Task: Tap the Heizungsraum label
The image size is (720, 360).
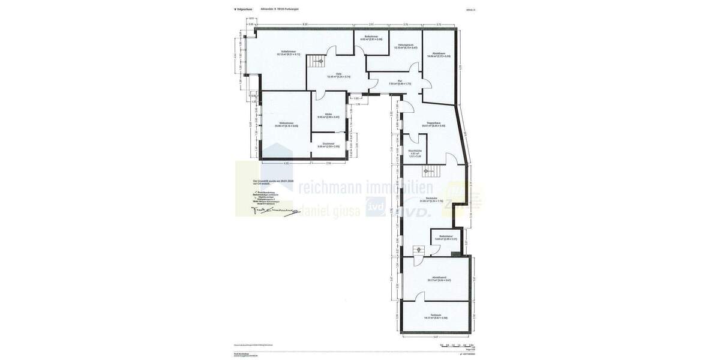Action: point(406,45)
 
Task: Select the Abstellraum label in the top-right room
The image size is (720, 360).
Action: point(439,53)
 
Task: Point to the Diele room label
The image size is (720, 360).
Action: point(338,74)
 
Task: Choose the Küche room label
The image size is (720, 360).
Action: point(328,115)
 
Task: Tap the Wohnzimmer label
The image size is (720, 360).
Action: point(286,124)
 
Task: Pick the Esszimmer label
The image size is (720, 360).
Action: point(328,144)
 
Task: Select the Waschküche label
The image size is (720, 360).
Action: point(415,151)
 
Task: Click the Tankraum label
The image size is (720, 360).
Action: point(436,315)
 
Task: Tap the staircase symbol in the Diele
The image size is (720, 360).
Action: point(316,61)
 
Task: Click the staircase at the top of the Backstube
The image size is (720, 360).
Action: point(430,172)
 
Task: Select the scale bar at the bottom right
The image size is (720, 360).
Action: point(457,345)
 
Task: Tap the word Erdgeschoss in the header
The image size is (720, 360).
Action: point(244,9)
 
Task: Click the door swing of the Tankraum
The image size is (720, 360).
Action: point(419,296)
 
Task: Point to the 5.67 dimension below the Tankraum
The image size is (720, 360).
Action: point(436,337)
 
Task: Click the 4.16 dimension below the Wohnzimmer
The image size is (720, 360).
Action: point(286,163)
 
